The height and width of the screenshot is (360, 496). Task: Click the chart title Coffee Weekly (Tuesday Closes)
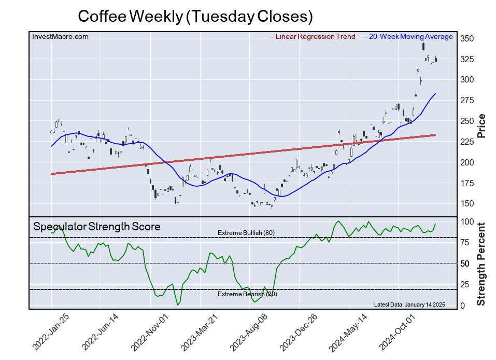(195, 16)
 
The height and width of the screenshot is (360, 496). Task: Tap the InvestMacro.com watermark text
(61, 37)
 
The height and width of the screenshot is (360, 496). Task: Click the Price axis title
(481, 125)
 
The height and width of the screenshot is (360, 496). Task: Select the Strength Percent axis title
(481, 264)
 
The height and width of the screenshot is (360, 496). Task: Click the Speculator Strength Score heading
(97, 227)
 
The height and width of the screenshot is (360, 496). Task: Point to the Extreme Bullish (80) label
(246, 233)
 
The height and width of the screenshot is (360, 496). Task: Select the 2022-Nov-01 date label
(151, 332)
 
